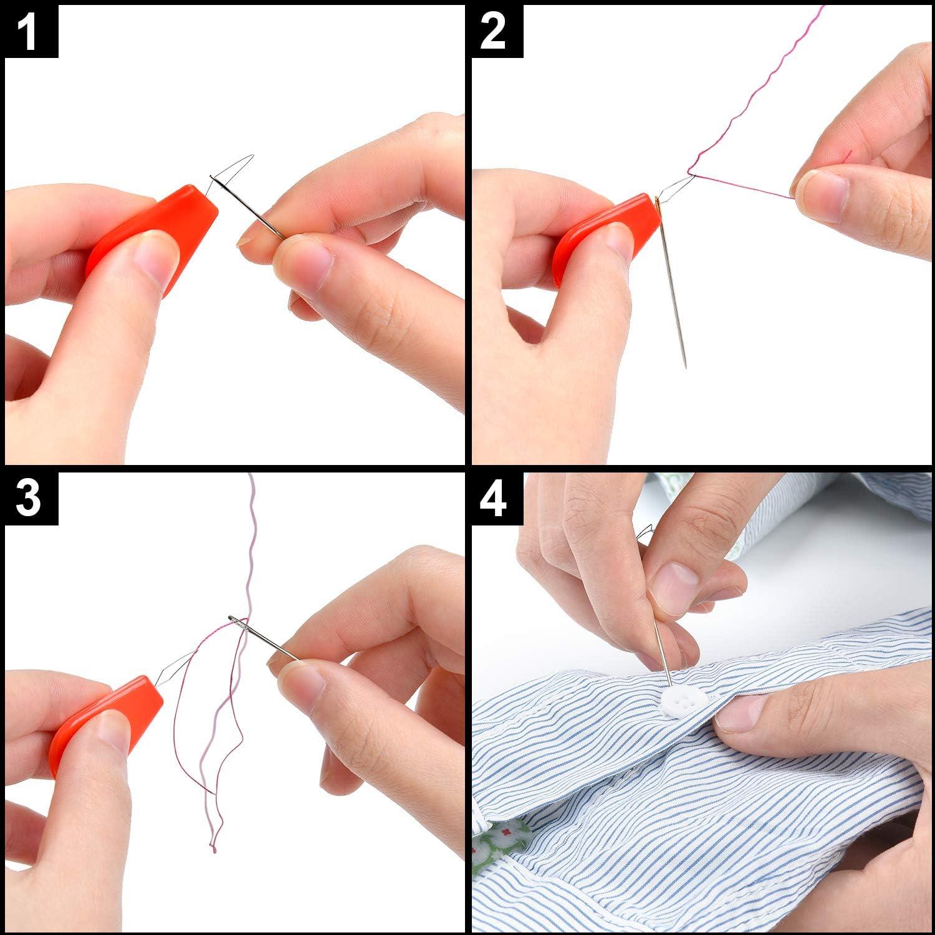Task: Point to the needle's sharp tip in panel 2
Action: tap(685, 367)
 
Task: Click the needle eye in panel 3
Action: tap(236, 620)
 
